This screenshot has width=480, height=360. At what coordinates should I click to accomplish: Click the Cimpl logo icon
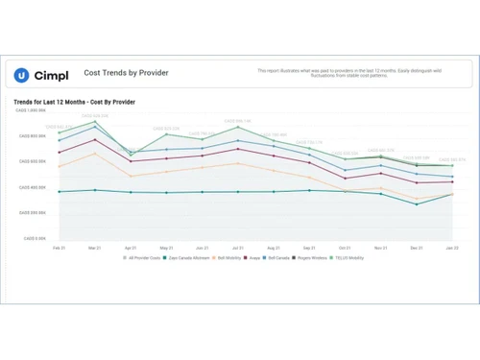21,75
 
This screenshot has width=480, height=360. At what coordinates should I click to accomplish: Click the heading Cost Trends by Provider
121,72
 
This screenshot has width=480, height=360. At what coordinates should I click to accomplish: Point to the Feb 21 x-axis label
59,247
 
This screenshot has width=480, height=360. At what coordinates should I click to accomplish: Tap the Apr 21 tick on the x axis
131,247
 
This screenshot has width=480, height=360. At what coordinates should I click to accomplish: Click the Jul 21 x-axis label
237,247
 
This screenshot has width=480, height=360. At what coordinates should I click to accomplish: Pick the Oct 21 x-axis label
345,247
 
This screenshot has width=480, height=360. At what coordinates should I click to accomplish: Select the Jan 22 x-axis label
452,247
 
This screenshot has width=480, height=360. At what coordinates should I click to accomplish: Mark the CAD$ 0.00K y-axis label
36,238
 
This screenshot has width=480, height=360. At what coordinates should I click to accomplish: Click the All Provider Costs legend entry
142,258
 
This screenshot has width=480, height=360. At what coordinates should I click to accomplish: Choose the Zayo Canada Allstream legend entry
189,258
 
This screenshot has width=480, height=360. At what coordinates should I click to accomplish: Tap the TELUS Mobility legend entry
348,258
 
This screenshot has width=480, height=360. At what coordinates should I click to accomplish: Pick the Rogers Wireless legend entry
310,258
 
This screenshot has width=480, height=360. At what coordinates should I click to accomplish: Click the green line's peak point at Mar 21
95,122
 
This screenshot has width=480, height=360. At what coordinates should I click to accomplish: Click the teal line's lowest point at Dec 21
417,204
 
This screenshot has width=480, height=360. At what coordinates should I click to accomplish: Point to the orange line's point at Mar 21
95,153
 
